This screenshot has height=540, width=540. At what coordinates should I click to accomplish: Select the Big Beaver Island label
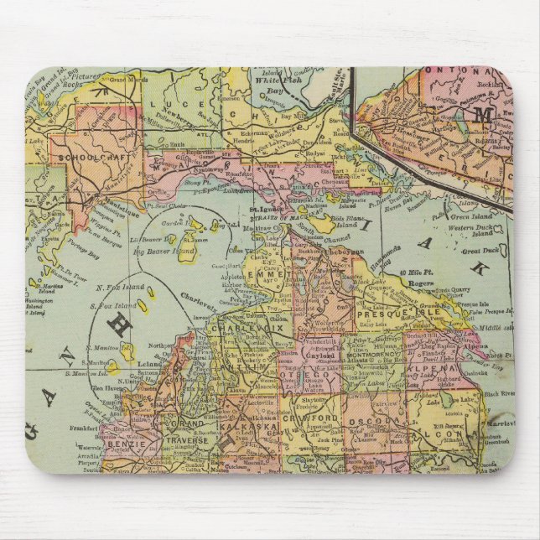pyautogui.click(x=164, y=250)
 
